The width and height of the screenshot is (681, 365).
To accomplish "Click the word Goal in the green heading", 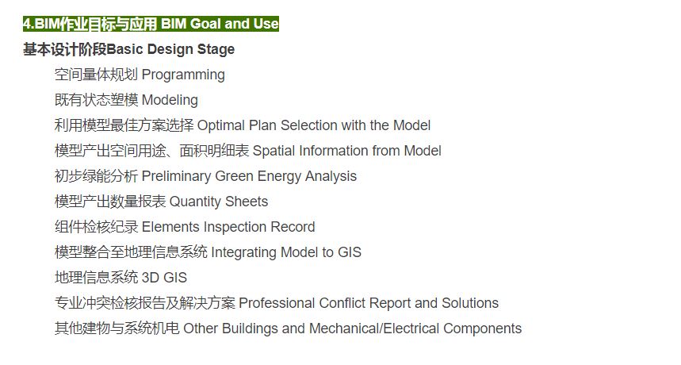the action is pyautogui.click(x=206, y=24).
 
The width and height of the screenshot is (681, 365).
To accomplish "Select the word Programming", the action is pyautogui.click(x=183, y=75).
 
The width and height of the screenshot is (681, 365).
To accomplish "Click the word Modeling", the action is pyautogui.click(x=170, y=100).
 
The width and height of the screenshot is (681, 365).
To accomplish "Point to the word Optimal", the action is pyautogui.click(x=221, y=125).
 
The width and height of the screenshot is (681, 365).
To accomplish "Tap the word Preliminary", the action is pyautogui.click(x=176, y=176).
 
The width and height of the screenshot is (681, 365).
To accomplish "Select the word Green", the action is pyautogui.click(x=234, y=176).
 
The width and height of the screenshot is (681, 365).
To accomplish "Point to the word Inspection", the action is pyautogui.click(x=235, y=227).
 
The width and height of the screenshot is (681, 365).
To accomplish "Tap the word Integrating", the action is pyautogui.click(x=244, y=252).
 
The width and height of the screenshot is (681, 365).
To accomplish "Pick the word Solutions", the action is pyautogui.click(x=470, y=303).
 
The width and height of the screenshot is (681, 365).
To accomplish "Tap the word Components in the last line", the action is pyautogui.click(x=483, y=328).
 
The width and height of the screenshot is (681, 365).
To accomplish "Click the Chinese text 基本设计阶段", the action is pyautogui.click(x=65, y=49).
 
